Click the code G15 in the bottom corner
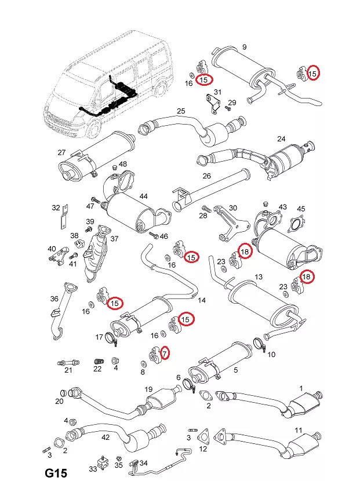click(x=56, y=472)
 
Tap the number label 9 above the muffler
click(x=244, y=47)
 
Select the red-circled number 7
click(x=164, y=352)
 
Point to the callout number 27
click(x=61, y=152)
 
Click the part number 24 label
click(x=282, y=139)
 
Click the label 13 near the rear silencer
click(x=259, y=277)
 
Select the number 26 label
click(x=206, y=176)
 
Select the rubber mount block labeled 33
click(x=104, y=467)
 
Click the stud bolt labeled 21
click(x=66, y=363)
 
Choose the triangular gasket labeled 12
click(x=203, y=436)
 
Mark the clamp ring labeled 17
click(x=111, y=338)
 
